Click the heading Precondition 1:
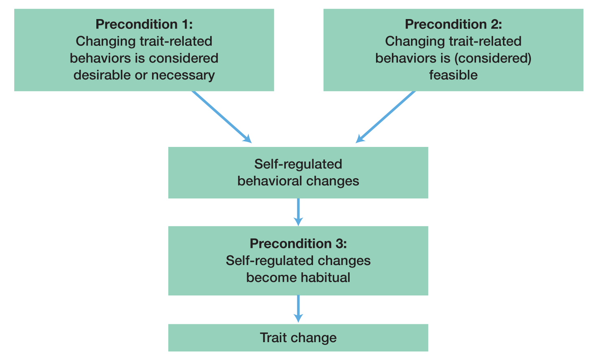click(144, 24)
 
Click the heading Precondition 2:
click(453, 24)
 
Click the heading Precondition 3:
click(298, 244)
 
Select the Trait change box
click(298, 338)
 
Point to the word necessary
click(183, 75)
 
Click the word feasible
click(453, 75)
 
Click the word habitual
click(325, 278)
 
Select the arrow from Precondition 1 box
click(222, 117)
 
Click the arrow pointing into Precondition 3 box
click(298, 212)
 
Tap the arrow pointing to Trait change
click(298, 309)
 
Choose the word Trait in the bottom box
click(274, 338)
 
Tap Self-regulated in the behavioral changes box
click(298, 164)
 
